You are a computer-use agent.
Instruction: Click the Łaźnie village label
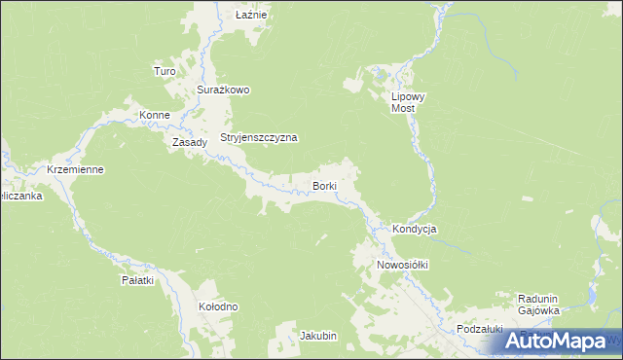pos(252,16)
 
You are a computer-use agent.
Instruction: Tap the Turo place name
pos(164,71)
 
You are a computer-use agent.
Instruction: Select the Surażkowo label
pos(224,90)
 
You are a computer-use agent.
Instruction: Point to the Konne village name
pos(155,115)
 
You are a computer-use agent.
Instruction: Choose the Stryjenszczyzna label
pos(258,138)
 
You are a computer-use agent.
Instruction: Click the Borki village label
pos(324,185)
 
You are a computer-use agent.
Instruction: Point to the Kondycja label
pos(415,229)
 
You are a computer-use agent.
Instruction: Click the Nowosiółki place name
pos(403,264)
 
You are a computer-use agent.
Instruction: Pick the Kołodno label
pos(218,306)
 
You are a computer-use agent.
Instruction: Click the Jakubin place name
pos(318,336)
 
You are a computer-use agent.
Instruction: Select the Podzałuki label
pos(479,330)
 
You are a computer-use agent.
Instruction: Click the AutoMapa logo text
pos(569,342)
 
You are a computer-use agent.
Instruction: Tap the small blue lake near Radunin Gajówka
pos(591,295)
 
